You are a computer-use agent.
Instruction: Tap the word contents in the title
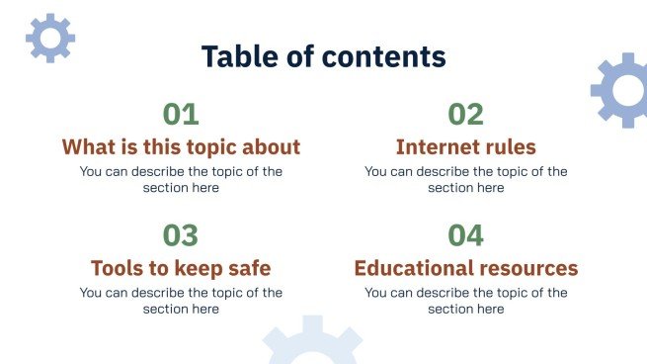[x=384, y=56]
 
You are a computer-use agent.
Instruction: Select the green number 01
[x=181, y=115]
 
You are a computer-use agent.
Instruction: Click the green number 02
[x=465, y=115]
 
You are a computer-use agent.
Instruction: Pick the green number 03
[x=181, y=235]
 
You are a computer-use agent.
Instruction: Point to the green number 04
[x=465, y=235]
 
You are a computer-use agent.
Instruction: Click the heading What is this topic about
[x=181, y=147]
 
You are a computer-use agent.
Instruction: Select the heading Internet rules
[x=465, y=147]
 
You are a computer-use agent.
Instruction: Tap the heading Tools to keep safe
[x=181, y=268]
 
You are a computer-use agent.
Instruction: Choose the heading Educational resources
[x=465, y=268]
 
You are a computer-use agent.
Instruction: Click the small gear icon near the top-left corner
[x=49, y=39]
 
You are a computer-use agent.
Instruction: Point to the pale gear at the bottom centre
[x=312, y=344]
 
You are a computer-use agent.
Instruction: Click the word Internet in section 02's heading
[x=435, y=147]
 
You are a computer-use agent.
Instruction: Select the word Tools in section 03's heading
[x=117, y=268]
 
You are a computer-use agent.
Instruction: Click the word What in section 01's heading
[x=86, y=147]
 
